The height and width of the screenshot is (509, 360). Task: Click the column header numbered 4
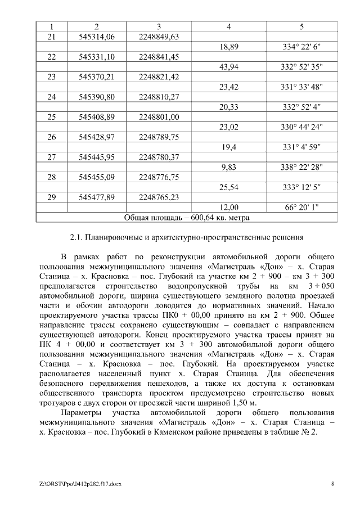pyautogui.click(x=228, y=26)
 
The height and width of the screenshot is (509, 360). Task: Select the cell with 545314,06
pyautogui.click(x=97, y=37)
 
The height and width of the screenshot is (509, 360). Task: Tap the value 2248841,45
pyautogui.click(x=159, y=57)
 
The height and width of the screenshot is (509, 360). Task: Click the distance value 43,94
pyautogui.click(x=228, y=67)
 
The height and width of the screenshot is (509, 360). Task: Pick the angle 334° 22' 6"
pyautogui.click(x=301, y=47)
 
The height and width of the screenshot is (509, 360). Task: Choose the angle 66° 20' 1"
pyautogui.click(x=301, y=207)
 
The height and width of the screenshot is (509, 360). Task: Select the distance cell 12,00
pyautogui.click(x=228, y=207)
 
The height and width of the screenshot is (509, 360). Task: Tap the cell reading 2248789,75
pyautogui.click(x=159, y=137)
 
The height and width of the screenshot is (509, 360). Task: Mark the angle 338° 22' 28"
pyautogui.click(x=301, y=167)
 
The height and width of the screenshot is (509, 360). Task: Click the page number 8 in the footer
pyautogui.click(x=332, y=484)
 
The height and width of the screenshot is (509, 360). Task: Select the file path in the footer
pyautogui.click(x=81, y=484)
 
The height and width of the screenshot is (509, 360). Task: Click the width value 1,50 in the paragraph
pyautogui.click(x=237, y=403)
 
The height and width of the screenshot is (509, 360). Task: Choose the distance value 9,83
pyautogui.click(x=228, y=167)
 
